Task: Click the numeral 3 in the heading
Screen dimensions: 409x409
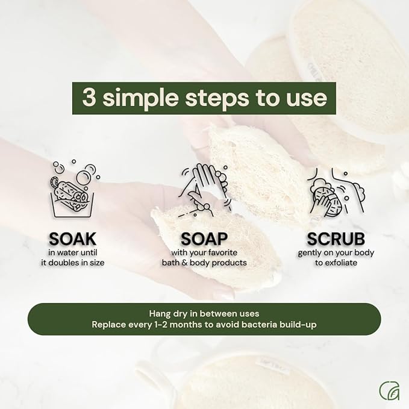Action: [x=89, y=98]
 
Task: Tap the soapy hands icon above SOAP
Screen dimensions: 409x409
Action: [x=204, y=189]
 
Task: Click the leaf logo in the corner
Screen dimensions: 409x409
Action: [x=389, y=390]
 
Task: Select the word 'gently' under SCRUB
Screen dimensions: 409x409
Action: [x=310, y=253]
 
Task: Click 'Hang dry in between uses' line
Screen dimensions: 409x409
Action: [x=204, y=313]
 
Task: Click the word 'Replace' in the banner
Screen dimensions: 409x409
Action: [x=108, y=325]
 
